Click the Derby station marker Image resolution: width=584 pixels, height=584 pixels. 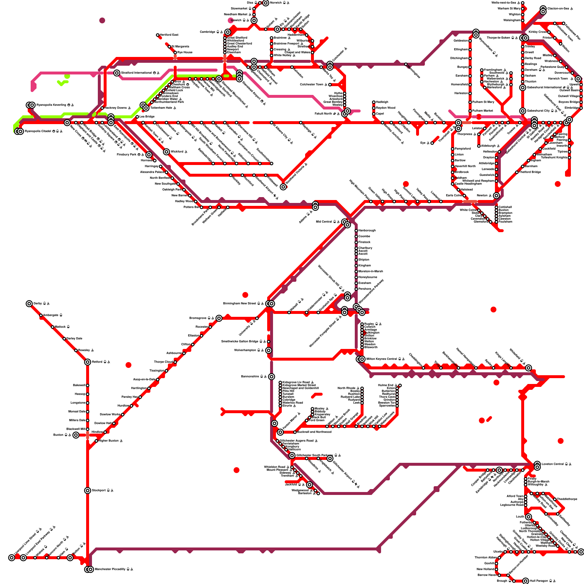29,304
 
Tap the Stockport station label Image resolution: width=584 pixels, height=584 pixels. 100,491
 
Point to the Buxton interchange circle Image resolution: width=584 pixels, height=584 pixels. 76,435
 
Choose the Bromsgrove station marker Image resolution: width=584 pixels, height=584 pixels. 219,318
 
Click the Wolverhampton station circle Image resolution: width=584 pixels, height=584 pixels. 269,350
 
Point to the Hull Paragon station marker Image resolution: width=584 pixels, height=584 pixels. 526,581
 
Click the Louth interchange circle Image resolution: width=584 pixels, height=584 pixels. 529,517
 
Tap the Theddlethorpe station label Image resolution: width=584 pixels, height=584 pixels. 567,499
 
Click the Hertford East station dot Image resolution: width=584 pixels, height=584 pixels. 158,35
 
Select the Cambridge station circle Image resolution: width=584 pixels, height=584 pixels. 228,32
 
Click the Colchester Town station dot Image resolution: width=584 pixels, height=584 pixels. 330,85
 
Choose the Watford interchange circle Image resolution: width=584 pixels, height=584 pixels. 166,152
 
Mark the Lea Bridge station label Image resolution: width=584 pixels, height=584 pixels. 147,117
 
